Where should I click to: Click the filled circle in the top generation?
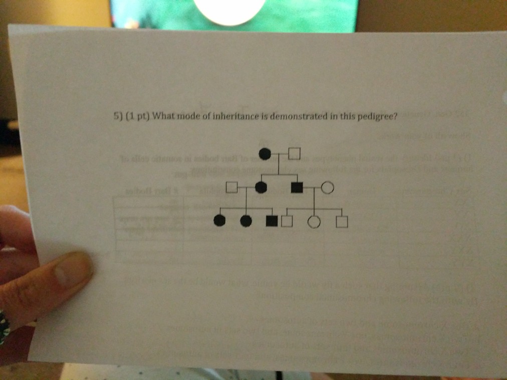point(266,153)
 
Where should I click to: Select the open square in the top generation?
point(295,152)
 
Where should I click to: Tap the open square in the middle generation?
point(231,187)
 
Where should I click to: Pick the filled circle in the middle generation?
point(261,188)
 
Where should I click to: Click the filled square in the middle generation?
point(297,188)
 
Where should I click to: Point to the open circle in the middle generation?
point(327,188)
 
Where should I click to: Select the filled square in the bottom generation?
point(272,221)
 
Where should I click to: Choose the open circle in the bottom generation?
point(315,222)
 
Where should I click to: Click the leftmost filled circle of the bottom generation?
point(219,220)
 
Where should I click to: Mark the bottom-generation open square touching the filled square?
point(287,221)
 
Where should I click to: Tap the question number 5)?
point(118,117)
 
